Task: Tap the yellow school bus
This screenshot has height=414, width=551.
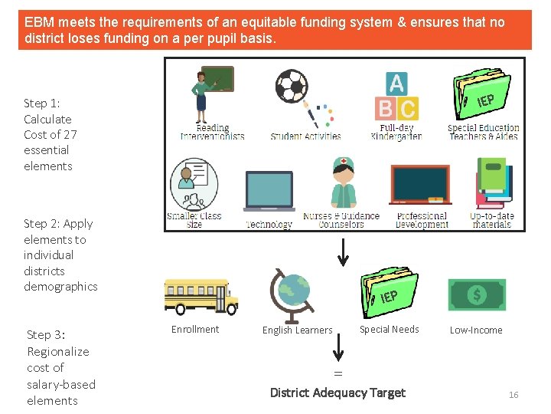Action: [196, 296]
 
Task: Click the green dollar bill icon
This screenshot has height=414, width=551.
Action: [476, 294]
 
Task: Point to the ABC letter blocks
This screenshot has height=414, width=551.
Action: [396, 97]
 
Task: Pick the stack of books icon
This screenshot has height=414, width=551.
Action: [493, 183]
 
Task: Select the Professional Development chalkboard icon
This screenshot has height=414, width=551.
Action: [420, 185]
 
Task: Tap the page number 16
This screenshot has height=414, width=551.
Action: [514, 395]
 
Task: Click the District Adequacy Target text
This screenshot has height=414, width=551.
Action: [337, 393]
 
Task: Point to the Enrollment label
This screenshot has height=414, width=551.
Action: [195, 330]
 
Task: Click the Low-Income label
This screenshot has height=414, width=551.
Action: [476, 330]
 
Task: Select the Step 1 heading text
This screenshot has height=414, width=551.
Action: [42, 103]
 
